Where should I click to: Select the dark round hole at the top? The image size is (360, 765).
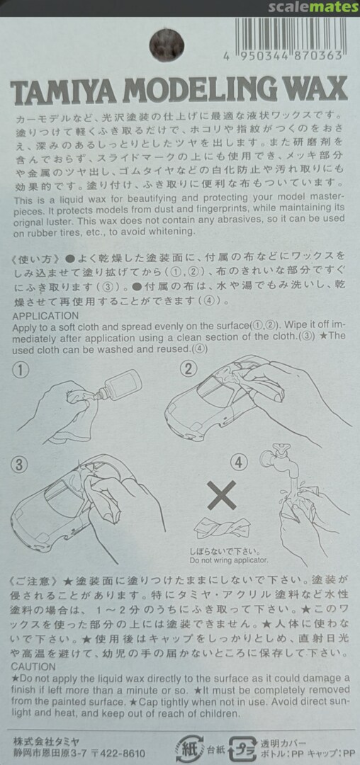(x=167, y=45)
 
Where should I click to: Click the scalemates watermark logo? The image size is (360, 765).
(x=313, y=7)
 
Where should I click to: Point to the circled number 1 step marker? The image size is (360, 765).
(x=21, y=370)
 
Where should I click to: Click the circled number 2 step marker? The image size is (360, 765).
(x=189, y=368)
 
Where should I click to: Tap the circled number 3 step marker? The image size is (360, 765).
(x=18, y=465)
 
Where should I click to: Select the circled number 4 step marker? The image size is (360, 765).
(x=239, y=463)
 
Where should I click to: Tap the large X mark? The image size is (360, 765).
(x=222, y=495)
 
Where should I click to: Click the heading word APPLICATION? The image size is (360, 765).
(x=45, y=316)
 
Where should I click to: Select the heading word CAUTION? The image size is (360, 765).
(x=33, y=666)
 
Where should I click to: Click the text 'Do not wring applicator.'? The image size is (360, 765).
(x=229, y=560)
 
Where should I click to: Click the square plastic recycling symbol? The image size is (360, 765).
(x=242, y=748)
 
